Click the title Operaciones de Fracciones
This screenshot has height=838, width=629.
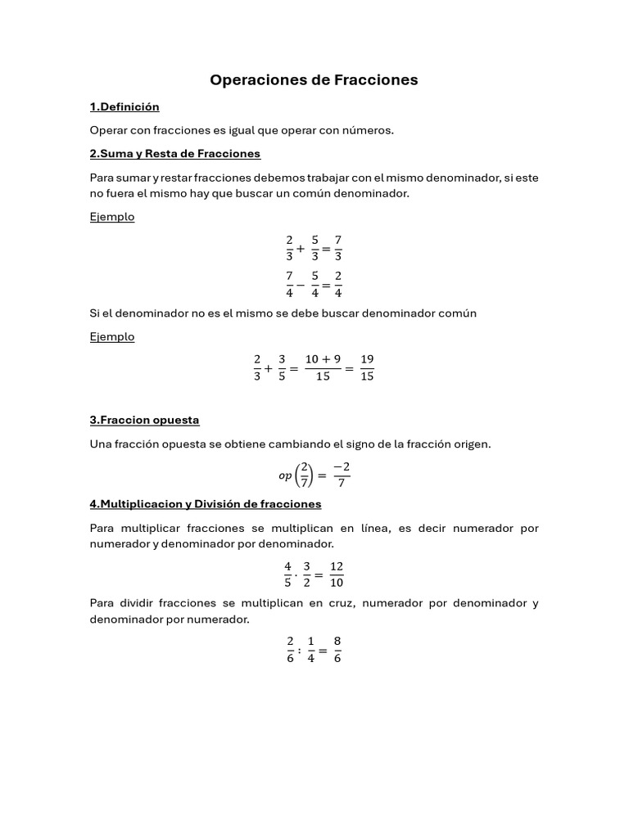(314, 80)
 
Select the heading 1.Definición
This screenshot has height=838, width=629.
(124, 107)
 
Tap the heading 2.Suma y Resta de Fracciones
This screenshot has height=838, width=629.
(174, 154)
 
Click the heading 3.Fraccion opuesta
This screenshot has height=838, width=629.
(144, 421)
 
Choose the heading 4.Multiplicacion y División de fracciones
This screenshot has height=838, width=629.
(205, 504)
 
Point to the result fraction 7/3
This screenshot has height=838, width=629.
(338, 248)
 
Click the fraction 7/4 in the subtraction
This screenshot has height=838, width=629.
(289, 285)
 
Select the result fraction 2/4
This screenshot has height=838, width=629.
(338, 285)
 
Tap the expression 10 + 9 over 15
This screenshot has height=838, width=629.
(323, 368)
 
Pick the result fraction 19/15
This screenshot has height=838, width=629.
(367, 368)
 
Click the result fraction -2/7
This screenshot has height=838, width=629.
(342, 475)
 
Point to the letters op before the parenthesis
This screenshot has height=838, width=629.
(285, 475)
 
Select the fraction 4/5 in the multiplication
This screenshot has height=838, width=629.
(287, 574)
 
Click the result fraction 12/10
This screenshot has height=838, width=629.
(337, 574)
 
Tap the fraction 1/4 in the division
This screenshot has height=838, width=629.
(311, 650)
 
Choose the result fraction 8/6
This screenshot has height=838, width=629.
(337, 650)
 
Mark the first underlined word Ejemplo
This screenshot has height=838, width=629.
(111, 218)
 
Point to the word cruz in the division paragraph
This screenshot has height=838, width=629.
(337, 604)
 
